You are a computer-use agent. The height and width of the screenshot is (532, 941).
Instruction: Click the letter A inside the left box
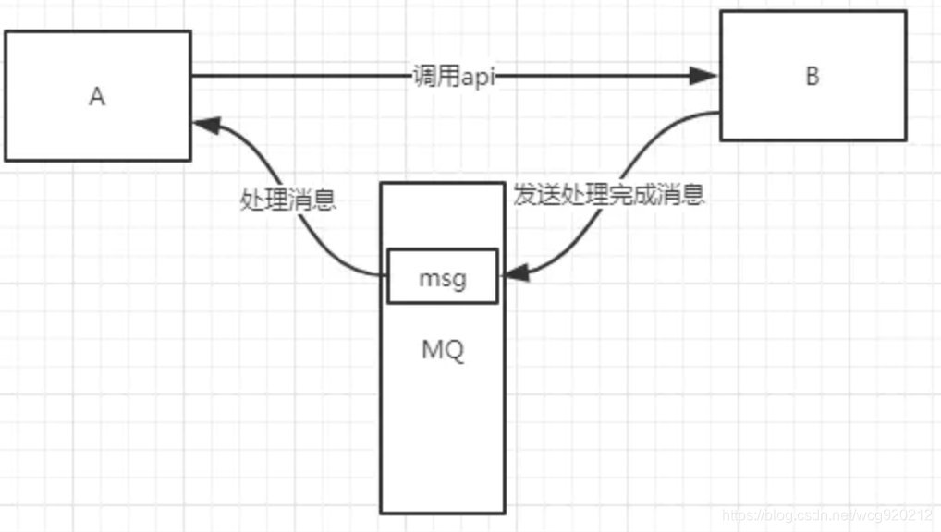click(97, 97)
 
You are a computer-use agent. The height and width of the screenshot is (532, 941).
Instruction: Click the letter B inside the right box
click(812, 77)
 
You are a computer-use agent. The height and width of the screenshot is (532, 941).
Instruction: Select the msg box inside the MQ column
click(443, 276)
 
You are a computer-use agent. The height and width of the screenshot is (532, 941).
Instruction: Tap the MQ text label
click(443, 352)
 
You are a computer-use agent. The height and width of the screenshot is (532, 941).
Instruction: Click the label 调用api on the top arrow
click(454, 78)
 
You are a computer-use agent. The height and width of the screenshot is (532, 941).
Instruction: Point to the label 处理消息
click(287, 200)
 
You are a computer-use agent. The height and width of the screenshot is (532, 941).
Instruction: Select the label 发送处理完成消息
click(609, 196)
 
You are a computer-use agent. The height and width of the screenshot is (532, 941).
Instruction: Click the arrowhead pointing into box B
click(706, 77)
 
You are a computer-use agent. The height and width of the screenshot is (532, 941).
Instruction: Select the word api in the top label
click(479, 78)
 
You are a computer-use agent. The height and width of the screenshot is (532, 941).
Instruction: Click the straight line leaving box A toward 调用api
click(296, 77)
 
